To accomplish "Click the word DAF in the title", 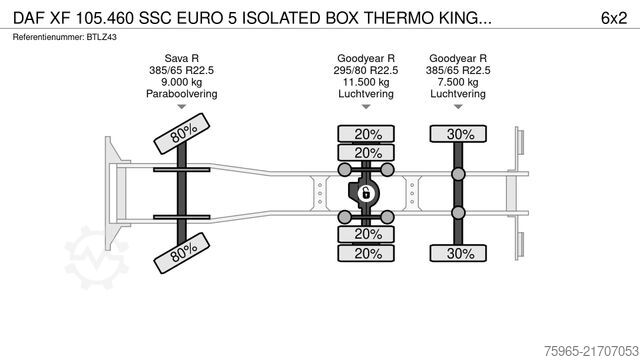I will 30,17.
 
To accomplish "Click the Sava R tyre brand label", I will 181,59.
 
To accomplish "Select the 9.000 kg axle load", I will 181,83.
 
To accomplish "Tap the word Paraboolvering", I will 181,95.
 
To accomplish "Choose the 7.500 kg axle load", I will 458,83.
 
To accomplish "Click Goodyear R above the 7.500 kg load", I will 458,59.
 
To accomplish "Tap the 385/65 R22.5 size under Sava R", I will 181,71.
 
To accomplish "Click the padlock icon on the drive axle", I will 366,193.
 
